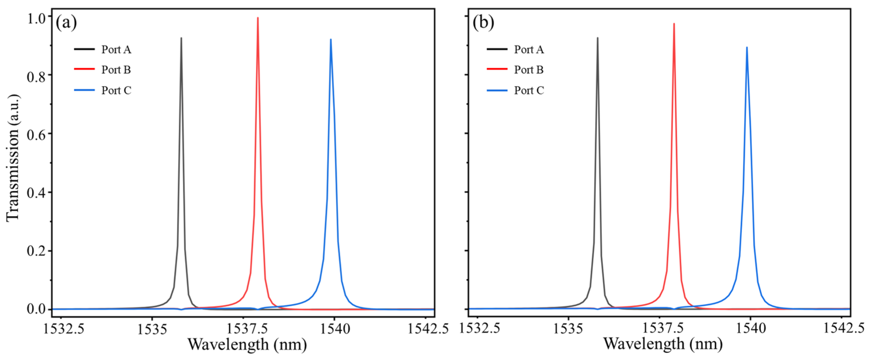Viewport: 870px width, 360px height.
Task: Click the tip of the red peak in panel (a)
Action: click(258, 18)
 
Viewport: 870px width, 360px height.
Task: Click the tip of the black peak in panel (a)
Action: click(181, 38)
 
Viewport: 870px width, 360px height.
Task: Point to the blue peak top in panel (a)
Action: click(331, 39)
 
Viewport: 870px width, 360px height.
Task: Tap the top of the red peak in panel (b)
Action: click(674, 24)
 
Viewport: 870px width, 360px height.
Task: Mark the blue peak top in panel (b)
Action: click(747, 48)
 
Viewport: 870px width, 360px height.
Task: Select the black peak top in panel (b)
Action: click(597, 38)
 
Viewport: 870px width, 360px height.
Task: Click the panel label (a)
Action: click(66, 23)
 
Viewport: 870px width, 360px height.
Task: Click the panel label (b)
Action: click(483, 23)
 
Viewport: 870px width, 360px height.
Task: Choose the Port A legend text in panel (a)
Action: click(116, 50)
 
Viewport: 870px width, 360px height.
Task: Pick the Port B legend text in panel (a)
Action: click(116, 70)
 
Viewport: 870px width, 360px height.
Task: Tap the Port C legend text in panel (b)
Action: click(529, 90)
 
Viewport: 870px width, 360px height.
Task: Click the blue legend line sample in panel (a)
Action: click(84, 90)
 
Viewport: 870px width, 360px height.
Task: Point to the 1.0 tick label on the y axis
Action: click(36, 19)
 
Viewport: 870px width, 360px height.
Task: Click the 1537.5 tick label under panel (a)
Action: click(247, 329)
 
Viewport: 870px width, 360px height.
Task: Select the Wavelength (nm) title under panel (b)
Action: click(663, 344)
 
